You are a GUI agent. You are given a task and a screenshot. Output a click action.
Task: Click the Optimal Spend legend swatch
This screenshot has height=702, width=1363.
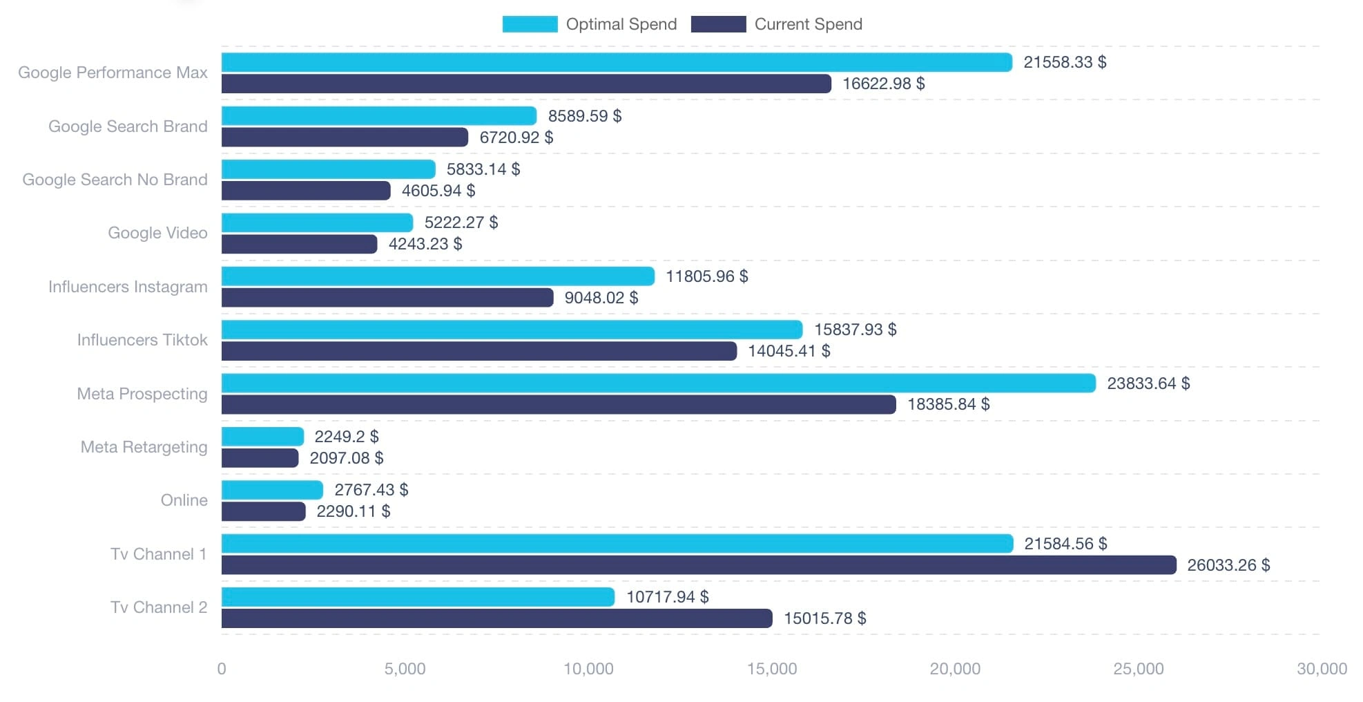point(530,24)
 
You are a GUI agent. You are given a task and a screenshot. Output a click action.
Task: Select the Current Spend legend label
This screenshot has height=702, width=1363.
point(808,24)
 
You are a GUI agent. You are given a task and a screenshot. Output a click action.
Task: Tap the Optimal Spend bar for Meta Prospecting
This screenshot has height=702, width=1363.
point(658,383)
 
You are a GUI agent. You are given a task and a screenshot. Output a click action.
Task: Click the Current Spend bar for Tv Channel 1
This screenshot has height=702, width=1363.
point(698,565)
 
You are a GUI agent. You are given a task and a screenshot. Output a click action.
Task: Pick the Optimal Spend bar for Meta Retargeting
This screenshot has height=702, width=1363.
point(262,436)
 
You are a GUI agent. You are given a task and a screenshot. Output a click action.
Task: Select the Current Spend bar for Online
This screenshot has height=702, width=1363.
point(263,511)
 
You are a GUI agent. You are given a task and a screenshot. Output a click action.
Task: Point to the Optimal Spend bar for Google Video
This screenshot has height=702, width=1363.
point(317,222)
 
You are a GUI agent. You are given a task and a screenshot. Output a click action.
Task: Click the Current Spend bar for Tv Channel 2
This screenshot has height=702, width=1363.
point(496,618)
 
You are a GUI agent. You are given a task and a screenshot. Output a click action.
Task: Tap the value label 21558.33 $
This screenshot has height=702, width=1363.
point(1065,62)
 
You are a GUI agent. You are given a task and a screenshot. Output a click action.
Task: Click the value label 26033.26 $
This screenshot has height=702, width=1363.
point(1228,565)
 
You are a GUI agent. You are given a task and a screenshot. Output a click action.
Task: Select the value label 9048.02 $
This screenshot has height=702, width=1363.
point(601,298)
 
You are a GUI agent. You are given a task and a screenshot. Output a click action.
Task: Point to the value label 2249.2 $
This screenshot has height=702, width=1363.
point(347,437)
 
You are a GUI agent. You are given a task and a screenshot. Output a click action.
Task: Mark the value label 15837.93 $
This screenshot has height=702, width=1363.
point(855,330)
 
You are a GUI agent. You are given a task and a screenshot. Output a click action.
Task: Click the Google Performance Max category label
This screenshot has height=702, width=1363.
point(113,73)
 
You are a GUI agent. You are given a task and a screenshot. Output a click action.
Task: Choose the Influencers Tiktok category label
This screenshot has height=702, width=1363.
point(142,340)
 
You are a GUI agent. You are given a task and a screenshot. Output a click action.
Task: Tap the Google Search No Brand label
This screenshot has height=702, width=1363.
point(115,180)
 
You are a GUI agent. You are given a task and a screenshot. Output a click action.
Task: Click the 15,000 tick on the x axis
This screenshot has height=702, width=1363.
point(772,669)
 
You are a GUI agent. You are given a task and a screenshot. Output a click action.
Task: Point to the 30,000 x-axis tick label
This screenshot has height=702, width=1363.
point(1322,669)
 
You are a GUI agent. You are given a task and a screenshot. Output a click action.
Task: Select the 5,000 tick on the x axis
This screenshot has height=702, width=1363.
point(405,669)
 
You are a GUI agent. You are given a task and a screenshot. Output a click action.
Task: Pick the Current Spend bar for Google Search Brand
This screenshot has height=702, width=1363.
point(345,137)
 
